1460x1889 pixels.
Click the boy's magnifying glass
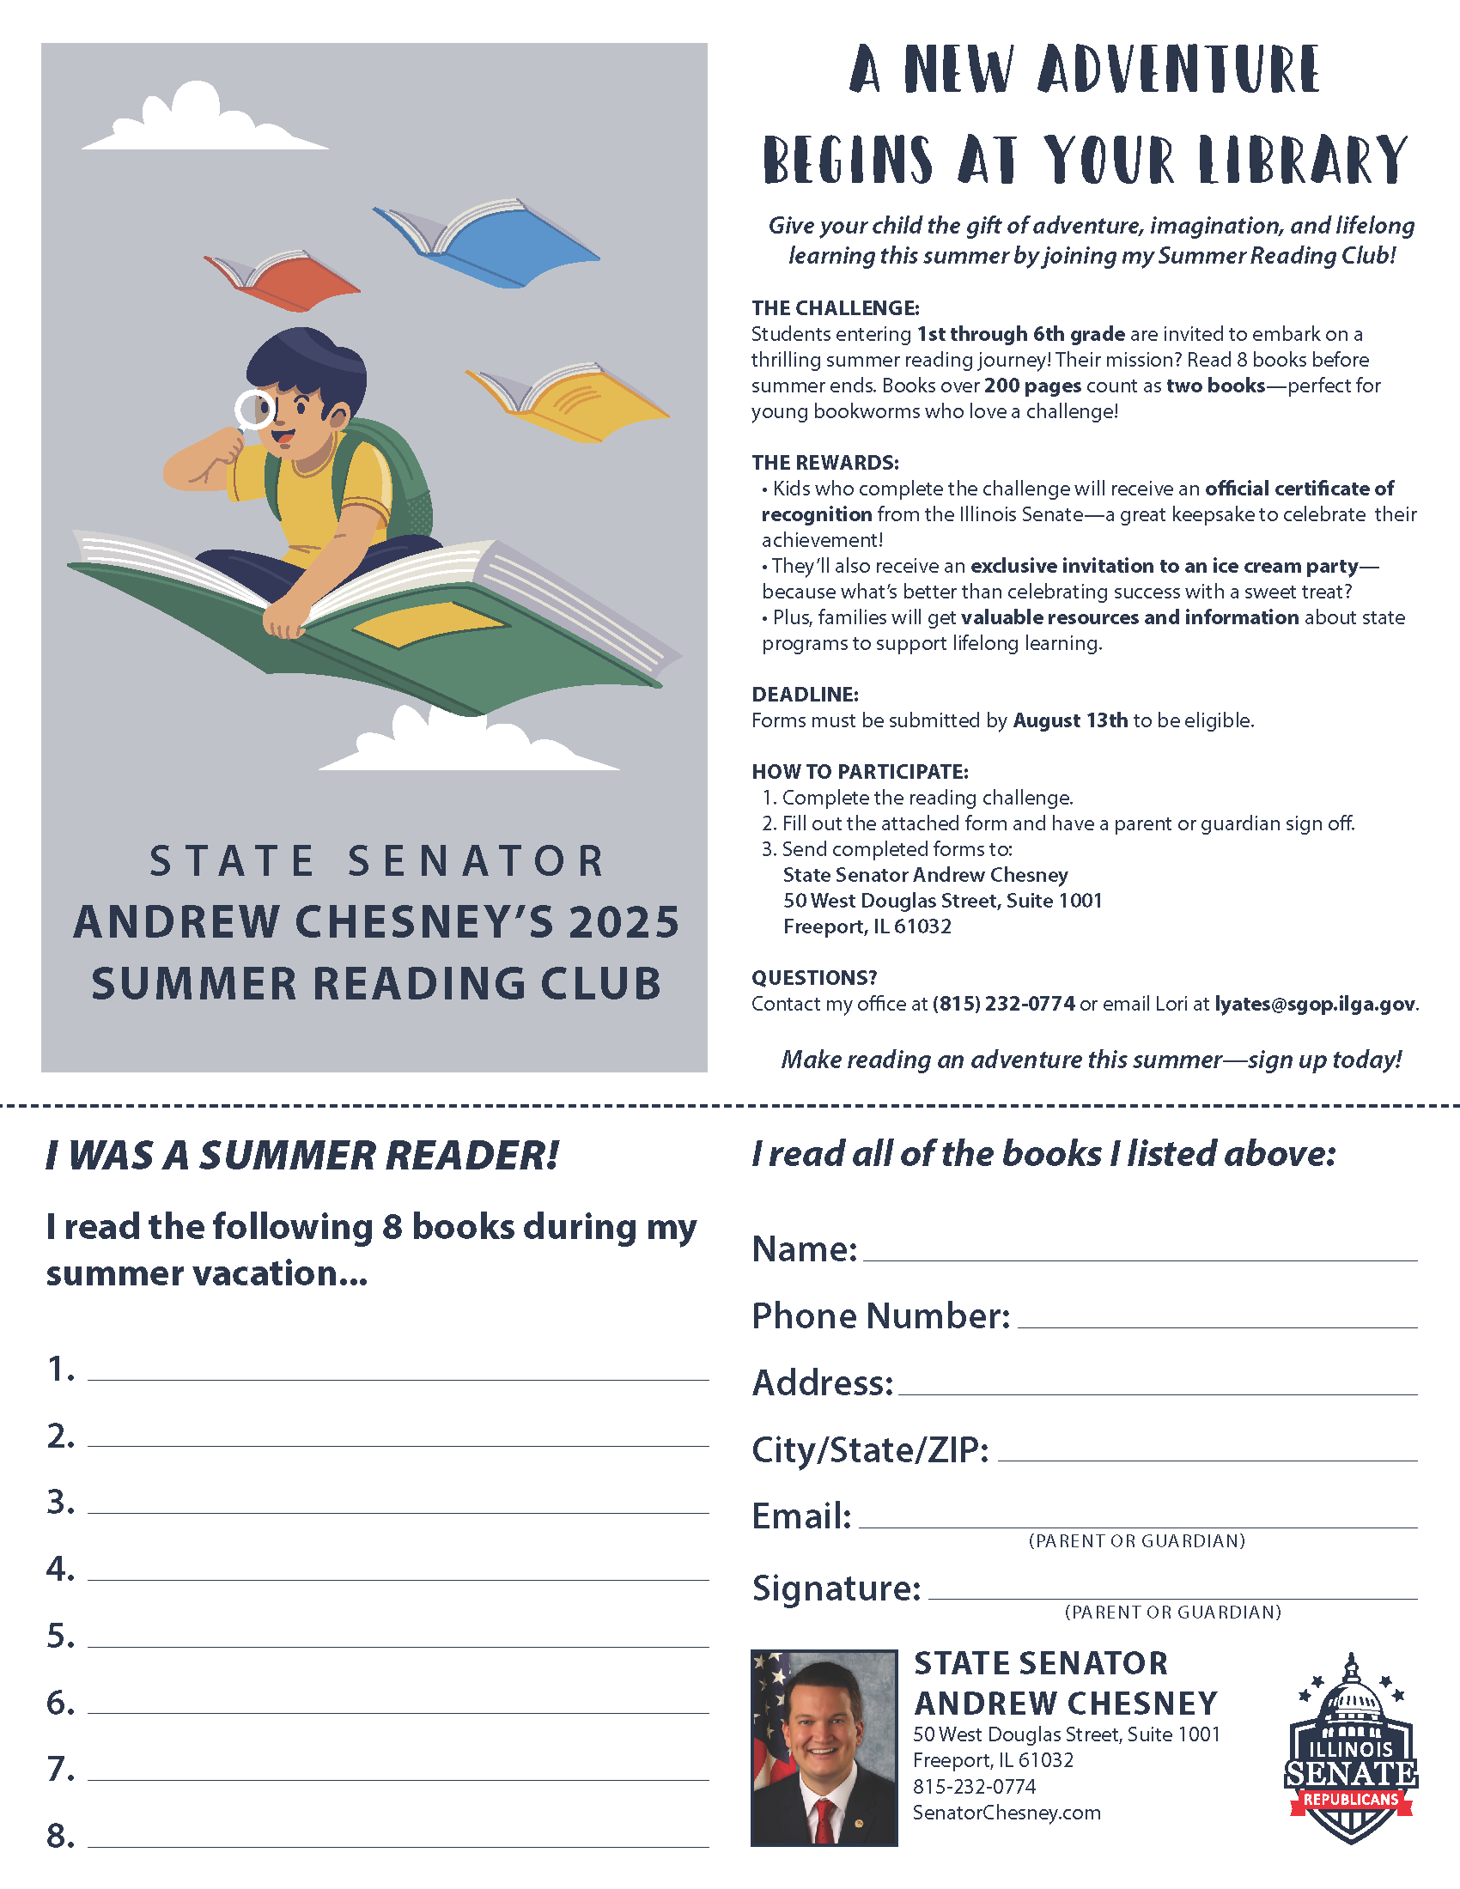(254, 409)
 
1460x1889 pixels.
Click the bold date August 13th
(1070, 720)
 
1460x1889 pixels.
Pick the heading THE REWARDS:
(824, 463)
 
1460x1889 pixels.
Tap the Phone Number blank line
(1217, 1325)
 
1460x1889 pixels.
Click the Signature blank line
(1172, 1597)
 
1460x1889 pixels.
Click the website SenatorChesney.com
(1006, 1813)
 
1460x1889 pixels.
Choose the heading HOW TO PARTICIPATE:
(859, 772)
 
